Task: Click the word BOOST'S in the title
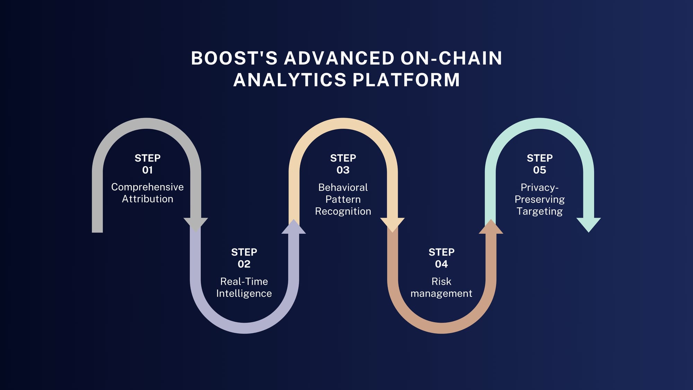coord(234,58)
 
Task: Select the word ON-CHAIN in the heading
coord(451,58)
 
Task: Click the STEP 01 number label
coord(147,170)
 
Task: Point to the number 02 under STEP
coord(244,264)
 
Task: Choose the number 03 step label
coord(343,170)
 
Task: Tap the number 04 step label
coord(441,264)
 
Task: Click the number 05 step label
coord(540,170)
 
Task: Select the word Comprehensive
coord(147,187)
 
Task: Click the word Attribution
coord(147,199)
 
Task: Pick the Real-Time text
coord(244,281)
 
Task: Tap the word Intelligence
coord(244,293)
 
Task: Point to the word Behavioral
coord(343,187)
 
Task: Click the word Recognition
coord(343,211)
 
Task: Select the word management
coord(441,293)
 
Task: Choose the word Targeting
coord(540,211)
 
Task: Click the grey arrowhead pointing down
coord(196,224)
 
